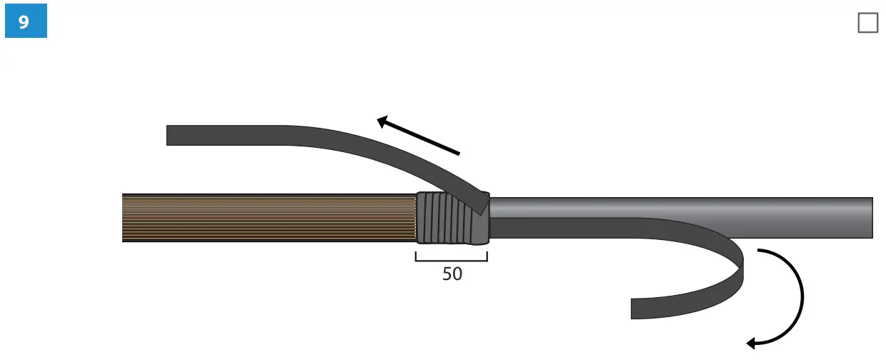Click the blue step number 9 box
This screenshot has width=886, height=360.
[26, 21]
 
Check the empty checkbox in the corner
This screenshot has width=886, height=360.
[868, 23]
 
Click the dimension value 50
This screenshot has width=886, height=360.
[452, 274]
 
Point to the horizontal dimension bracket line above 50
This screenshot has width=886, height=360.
[452, 261]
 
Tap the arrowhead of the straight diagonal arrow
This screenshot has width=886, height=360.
[382, 121]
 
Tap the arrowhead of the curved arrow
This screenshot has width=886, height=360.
[751, 344]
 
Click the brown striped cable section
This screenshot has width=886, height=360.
[269, 218]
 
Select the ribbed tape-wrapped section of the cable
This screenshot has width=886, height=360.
[453, 218]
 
